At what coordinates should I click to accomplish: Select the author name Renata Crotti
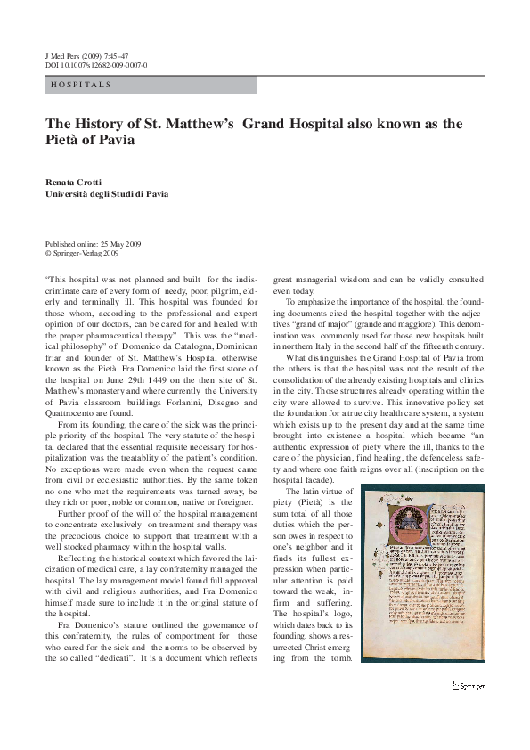[x=76, y=182]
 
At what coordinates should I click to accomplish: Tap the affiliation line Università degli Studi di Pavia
[x=106, y=193]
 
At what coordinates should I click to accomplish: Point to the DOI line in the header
[x=96, y=65]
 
